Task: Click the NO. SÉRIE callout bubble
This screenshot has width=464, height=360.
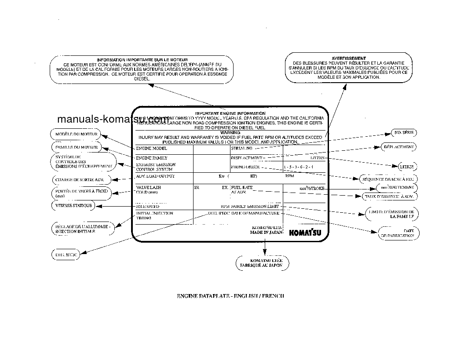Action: point(404,132)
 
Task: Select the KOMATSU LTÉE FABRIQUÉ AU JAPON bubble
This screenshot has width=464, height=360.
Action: point(264,262)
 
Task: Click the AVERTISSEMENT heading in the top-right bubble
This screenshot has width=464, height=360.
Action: point(348,58)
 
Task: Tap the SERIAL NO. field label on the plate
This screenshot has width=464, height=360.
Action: point(241,149)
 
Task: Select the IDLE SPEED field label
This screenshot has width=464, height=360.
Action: point(148,206)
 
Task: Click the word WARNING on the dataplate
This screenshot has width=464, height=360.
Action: point(230,132)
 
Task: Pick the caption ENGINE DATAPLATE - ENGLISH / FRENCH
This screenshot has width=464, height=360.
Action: point(230,296)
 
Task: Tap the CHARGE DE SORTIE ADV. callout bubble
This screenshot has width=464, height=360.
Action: point(80,179)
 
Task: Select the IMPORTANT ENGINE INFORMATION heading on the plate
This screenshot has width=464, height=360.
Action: point(230,113)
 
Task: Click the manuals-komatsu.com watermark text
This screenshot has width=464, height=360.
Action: point(112,120)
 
